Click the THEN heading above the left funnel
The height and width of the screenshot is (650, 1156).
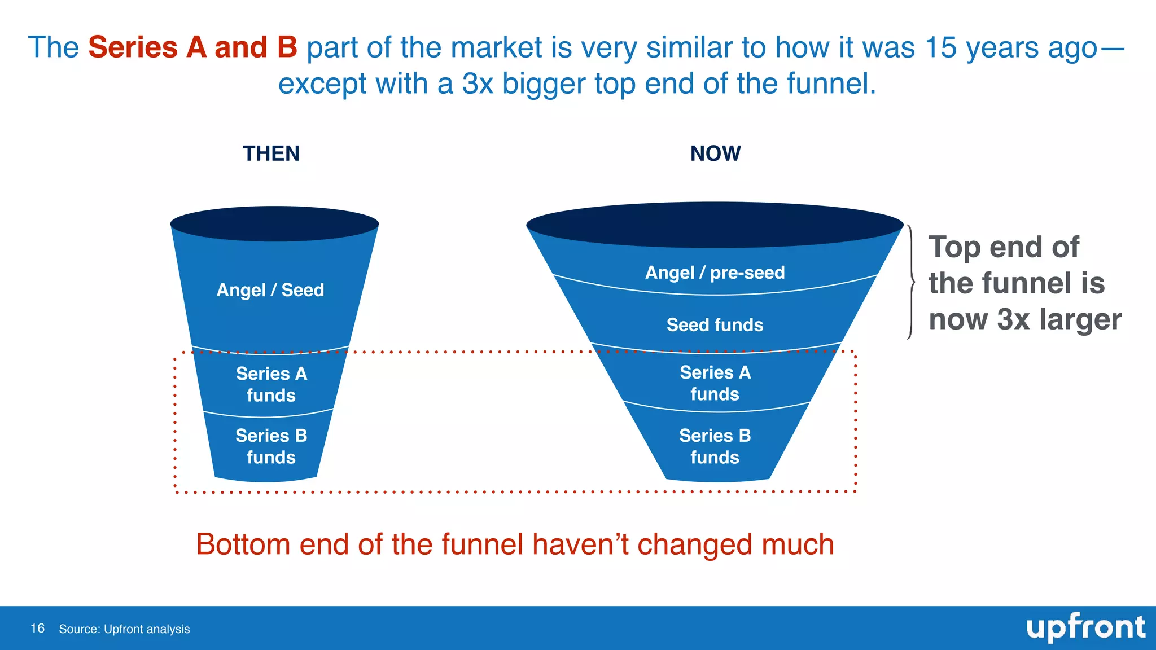tap(271, 153)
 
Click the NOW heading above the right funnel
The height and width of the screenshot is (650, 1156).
tap(715, 153)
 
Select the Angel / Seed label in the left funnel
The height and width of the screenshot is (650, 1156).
tap(270, 290)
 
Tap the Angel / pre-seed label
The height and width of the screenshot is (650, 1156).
tap(715, 273)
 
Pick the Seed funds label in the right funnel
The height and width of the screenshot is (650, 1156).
tap(715, 325)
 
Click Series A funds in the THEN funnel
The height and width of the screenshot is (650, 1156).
tap(272, 384)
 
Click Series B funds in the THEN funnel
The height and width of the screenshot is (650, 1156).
tap(272, 446)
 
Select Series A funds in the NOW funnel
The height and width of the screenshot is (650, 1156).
tap(715, 383)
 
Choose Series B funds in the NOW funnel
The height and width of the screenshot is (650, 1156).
tap(715, 446)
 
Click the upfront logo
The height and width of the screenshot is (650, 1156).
tap(1085, 628)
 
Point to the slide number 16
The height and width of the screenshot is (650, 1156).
tap(37, 629)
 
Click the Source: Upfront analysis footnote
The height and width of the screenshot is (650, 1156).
tap(124, 629)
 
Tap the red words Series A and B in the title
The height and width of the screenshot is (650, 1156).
tap(192, 47)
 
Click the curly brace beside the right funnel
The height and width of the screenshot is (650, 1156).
tap(910, 282)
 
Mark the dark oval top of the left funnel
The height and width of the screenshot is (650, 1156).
tap(274, 224)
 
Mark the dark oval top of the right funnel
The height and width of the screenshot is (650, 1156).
tap(715, 225)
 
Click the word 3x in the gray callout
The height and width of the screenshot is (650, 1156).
tap(1013, 319)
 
